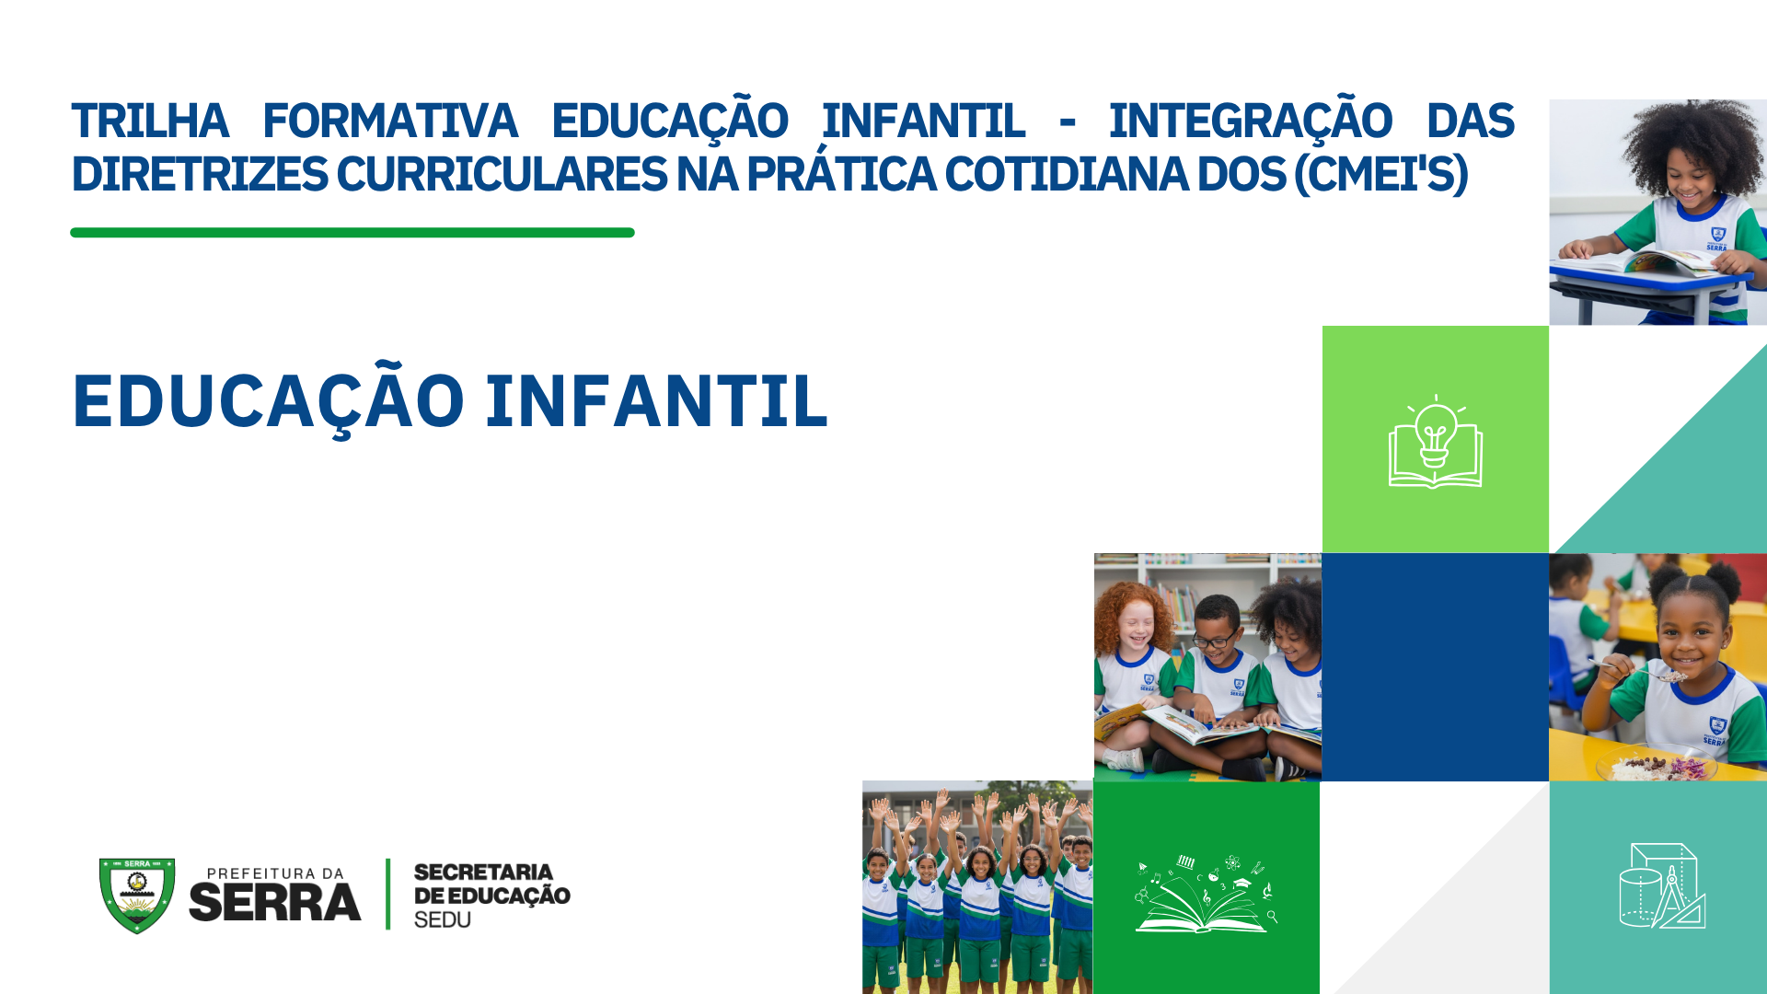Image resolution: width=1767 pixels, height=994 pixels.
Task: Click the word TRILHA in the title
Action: click(150, 121)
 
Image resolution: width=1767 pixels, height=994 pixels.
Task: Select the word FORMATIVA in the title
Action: click(390, 121)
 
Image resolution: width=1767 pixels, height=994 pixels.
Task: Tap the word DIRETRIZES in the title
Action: click(200, 175)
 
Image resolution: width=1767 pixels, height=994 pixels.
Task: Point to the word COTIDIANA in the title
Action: click(1067, 175)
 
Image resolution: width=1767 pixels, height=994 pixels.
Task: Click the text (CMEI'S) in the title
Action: click(1380, 175)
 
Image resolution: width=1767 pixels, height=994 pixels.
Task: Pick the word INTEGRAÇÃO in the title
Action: click(1250, 121)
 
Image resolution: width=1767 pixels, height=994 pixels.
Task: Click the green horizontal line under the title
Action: click(352, 233)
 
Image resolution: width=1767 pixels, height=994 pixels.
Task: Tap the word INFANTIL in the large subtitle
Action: click(657, 402)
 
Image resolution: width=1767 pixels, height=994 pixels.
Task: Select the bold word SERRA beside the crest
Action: click(274, 902)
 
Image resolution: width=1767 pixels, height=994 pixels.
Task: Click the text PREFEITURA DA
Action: click(275, 873)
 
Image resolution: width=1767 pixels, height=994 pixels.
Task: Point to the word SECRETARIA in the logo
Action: click(483, 872)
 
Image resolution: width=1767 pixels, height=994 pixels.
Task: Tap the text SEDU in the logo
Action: click(443, 919)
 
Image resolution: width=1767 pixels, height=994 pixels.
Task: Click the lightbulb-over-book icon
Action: click(1435, 443)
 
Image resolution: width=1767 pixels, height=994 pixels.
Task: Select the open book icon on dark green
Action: click(1206, 894)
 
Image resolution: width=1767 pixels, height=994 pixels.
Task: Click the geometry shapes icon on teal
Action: click(1662, 885)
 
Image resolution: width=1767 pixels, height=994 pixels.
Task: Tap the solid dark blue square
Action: click(1435, 667)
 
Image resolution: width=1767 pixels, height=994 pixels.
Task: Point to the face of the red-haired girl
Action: click(1136, 626)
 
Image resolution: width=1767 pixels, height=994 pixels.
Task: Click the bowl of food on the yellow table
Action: click(1657, 766)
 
